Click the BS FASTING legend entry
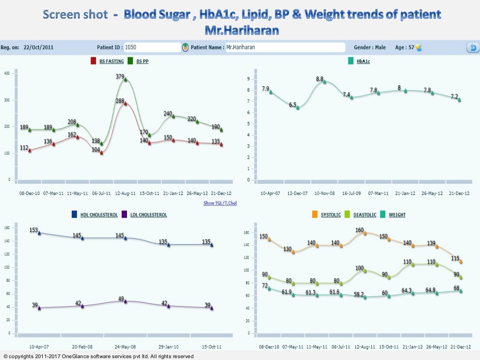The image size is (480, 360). point(111,61)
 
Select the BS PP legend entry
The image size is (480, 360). point(142,61)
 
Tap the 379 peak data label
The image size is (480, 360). point(120,76)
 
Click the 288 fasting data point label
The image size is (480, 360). point(120,100)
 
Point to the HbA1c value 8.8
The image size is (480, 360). point(320,79)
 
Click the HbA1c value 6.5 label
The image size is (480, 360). point(292,105)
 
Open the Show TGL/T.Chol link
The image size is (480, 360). point(220,203)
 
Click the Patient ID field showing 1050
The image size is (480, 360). point(152,47)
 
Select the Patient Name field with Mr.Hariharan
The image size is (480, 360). point(285,47)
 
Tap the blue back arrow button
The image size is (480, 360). point(472,47)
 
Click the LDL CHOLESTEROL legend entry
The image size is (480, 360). point(148,215)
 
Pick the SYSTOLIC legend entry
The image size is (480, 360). point(330,215)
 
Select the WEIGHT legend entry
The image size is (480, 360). point(397,215)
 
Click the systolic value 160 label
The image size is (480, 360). point(360,230)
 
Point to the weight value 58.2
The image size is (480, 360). point(360,294)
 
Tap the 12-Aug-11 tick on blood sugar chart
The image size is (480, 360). point(125,193)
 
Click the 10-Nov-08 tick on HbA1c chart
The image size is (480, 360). point(324,193)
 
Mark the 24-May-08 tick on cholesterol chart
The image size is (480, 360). point(125,347)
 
